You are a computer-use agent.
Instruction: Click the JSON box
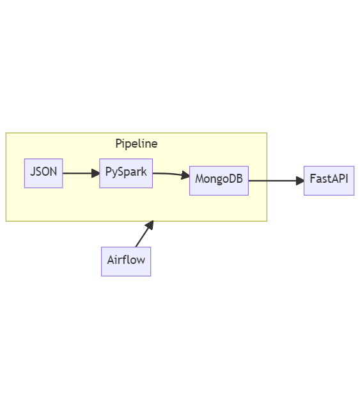(43, 173)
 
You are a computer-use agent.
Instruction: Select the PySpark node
(126, 173)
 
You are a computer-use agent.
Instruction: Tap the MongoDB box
(219, 180)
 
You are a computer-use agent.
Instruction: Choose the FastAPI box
(329, 180)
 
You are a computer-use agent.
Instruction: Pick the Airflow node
(126, 261)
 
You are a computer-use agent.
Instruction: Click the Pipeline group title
(137, 144)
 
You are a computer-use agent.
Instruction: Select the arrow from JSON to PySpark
(81, 173)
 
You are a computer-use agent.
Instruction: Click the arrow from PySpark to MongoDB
(171, 174)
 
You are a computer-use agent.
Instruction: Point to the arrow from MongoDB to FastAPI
(276, 180)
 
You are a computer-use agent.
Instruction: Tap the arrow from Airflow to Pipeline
(145, 234)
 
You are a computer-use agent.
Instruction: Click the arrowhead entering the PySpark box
(95, 173)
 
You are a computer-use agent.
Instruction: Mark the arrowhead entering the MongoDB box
(185, 175)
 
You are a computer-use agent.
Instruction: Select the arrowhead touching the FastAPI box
(301, 180)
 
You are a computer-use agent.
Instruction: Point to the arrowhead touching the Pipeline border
(150, 225)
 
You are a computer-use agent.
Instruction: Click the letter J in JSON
(33, 172)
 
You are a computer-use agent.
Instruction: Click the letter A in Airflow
(111, 260)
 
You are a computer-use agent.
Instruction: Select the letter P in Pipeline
(118, 144)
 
